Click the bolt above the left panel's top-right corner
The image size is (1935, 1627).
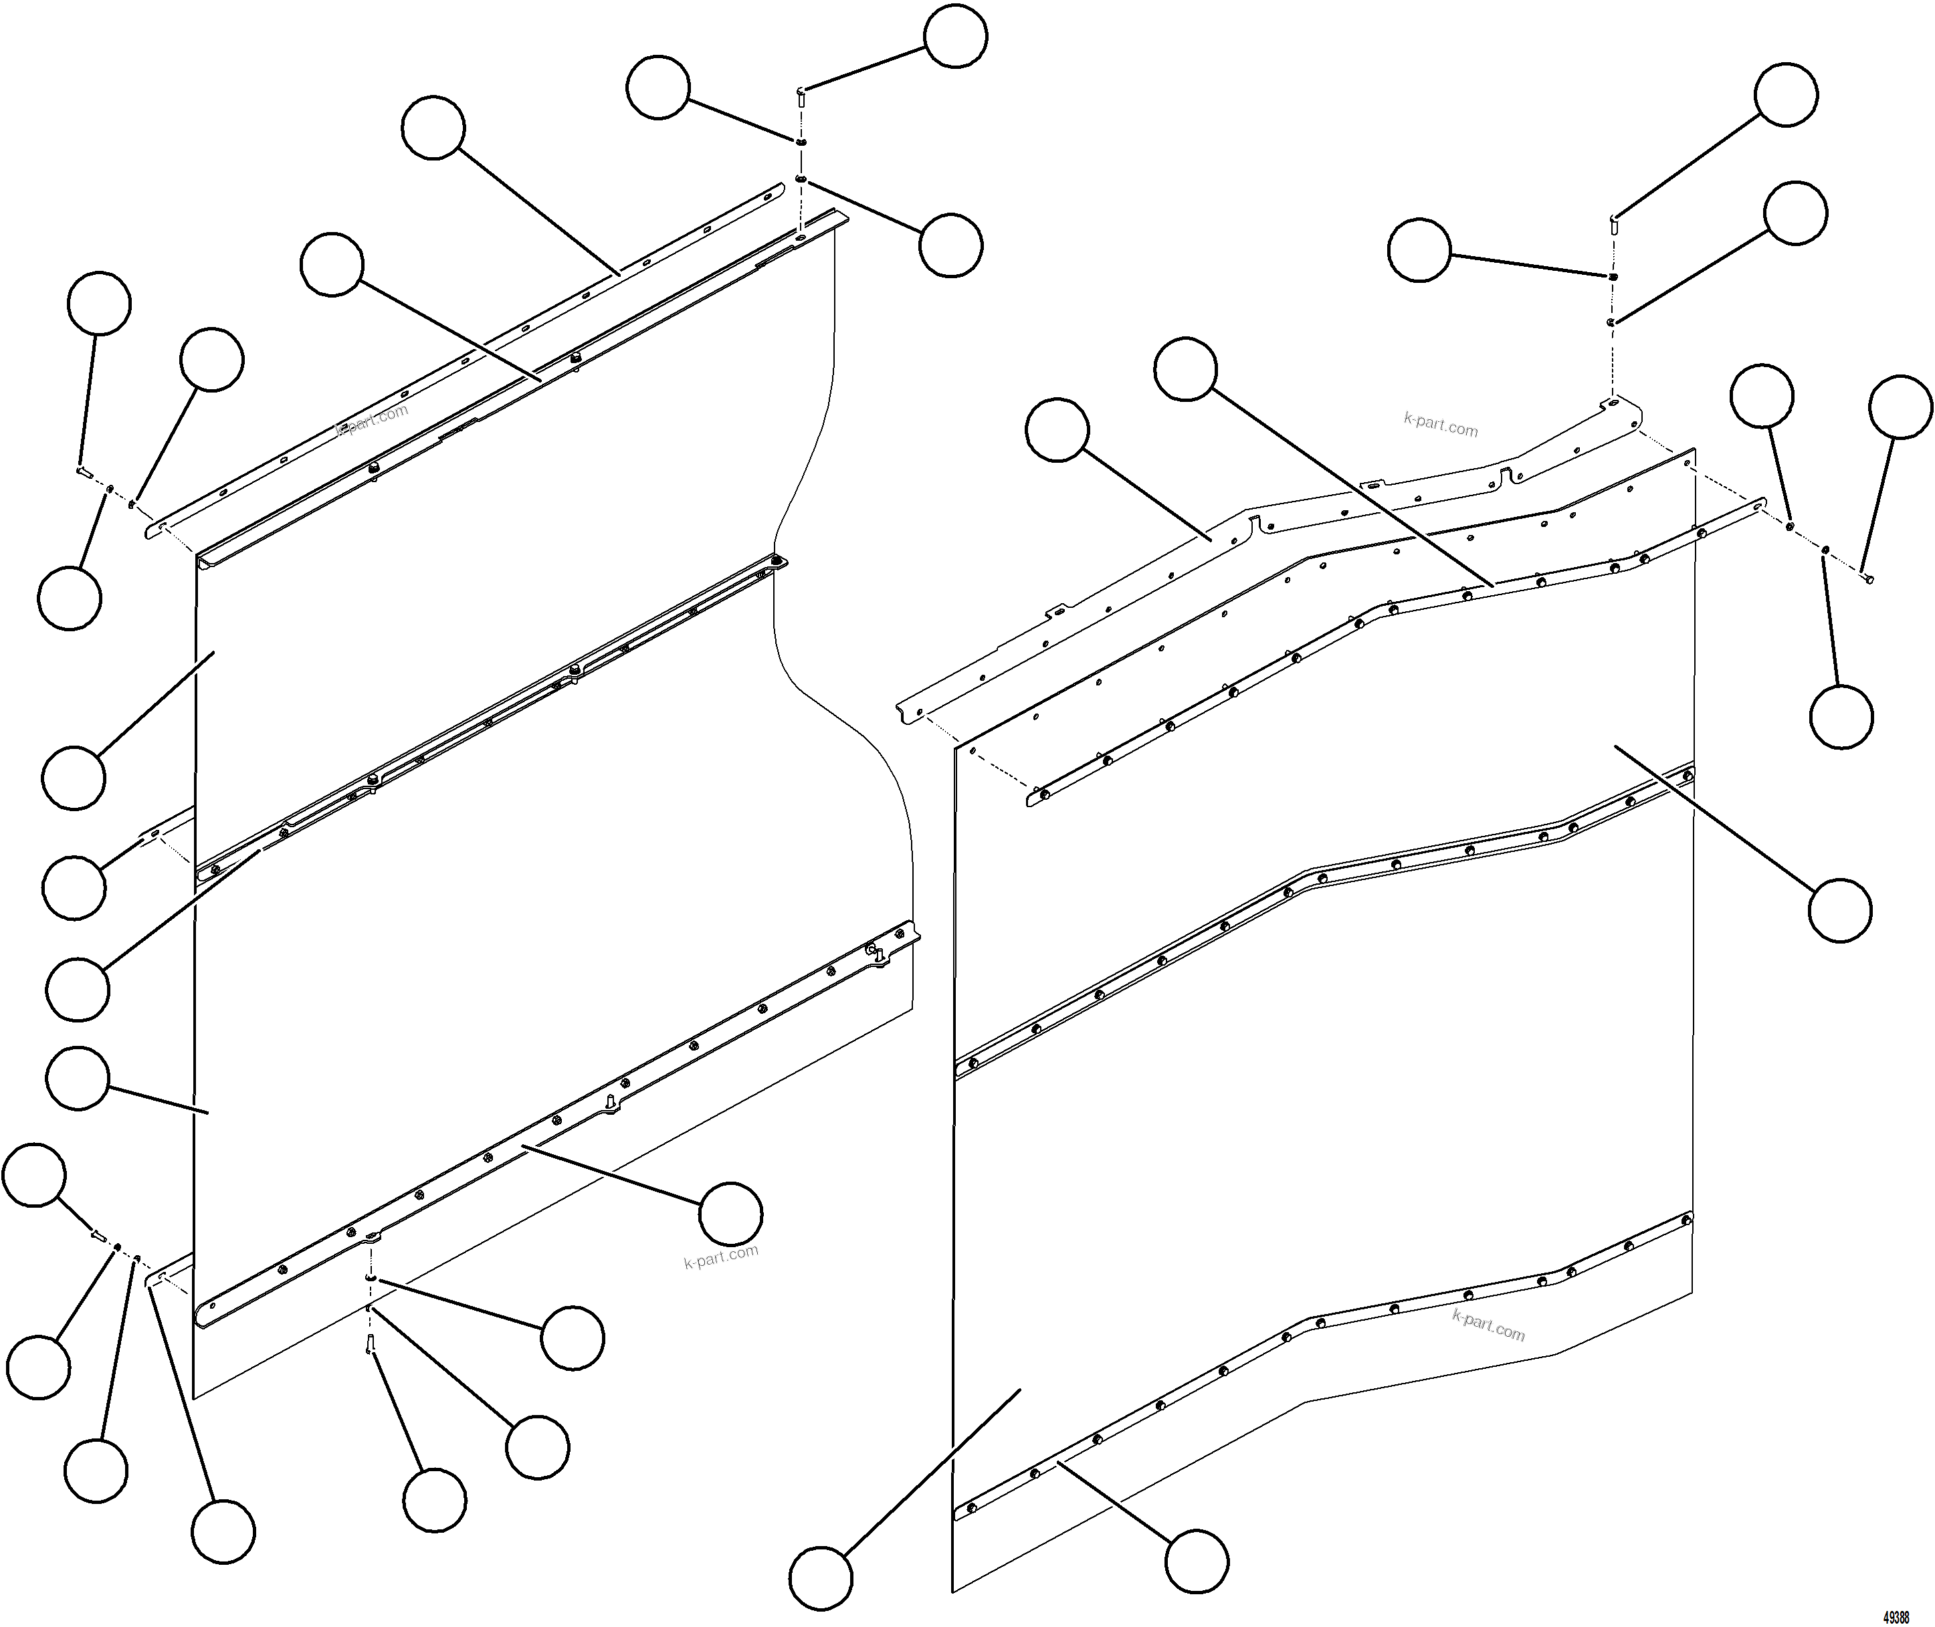[x=801, y=97]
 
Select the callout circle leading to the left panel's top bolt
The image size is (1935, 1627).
[x=956, y=36]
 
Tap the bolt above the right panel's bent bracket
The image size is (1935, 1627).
[x=1613, y=221]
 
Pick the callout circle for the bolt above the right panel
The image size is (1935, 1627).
[x=1787, y=95]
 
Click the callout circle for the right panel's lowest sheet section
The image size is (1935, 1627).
[x=821, y=1578]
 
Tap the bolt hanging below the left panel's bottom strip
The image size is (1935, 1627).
[x=370, y=1345]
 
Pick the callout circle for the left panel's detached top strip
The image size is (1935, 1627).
[x=433, y=127]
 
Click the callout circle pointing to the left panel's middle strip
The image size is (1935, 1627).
[x=78, y=989]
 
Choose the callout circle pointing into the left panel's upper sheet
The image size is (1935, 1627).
[x=74, y=778]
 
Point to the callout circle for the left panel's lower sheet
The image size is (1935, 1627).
[x=78, y=1077]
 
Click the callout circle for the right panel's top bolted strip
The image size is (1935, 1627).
[x=1186, y=369]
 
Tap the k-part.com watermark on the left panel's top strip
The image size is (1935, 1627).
[x=373, y=421]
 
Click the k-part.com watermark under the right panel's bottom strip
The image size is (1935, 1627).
[x=1488, y=1325]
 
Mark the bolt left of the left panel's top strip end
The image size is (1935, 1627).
[x=83, y=472]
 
